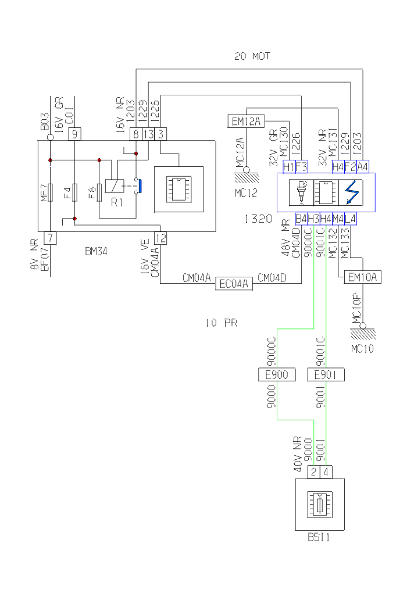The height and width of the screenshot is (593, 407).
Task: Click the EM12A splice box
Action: pos(245,121)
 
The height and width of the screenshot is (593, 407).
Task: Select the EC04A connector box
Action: pos(233,284)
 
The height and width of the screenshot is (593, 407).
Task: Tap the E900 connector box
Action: pos(276,374)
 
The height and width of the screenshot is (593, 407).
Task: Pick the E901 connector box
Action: pos(326,374)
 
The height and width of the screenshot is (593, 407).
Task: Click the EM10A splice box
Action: pos(362,277)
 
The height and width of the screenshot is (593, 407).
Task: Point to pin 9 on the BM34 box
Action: pos(75,134)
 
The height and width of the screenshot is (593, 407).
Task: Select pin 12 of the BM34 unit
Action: pos(160,237)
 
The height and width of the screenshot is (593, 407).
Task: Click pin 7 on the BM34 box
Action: pos(51,237)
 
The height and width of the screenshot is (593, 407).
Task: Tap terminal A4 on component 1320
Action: pos(362,166)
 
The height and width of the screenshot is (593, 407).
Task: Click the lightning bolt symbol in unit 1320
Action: pos(351,192)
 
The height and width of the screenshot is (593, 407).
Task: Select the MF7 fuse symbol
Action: pos(51,192)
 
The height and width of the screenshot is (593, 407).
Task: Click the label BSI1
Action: pos(319,538)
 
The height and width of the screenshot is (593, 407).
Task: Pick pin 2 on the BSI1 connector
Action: pos(313,471)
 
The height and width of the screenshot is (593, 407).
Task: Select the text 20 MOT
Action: pos(252,56)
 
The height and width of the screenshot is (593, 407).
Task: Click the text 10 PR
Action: pos(221,323)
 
